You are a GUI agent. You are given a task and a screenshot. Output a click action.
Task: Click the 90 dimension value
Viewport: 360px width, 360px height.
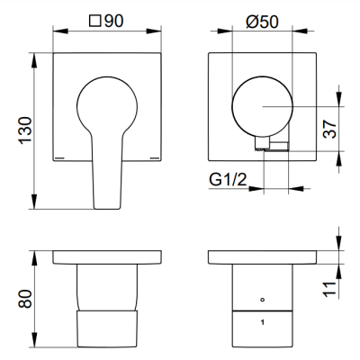pos(113,21)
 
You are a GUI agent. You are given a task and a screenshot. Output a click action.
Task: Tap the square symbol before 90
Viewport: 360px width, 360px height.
pos(94,22)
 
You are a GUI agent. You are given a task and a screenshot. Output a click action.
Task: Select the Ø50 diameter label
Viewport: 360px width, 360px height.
pos(262,22)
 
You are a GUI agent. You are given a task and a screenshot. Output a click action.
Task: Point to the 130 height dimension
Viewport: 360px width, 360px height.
pos(25,130)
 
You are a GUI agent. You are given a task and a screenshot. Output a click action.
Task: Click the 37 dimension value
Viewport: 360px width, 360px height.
pos(329,129)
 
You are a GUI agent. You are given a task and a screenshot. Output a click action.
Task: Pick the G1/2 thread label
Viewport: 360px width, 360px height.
pos(228,179)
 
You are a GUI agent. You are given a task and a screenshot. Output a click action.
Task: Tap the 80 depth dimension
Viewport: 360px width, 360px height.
pos(25,299)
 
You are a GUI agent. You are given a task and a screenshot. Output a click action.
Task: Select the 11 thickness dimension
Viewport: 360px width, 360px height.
pos(329,289)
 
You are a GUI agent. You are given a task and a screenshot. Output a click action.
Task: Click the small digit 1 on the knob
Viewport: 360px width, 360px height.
pos(263,323)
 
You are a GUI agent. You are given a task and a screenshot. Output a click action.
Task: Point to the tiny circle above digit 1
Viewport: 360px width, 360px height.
pos(263,300)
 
